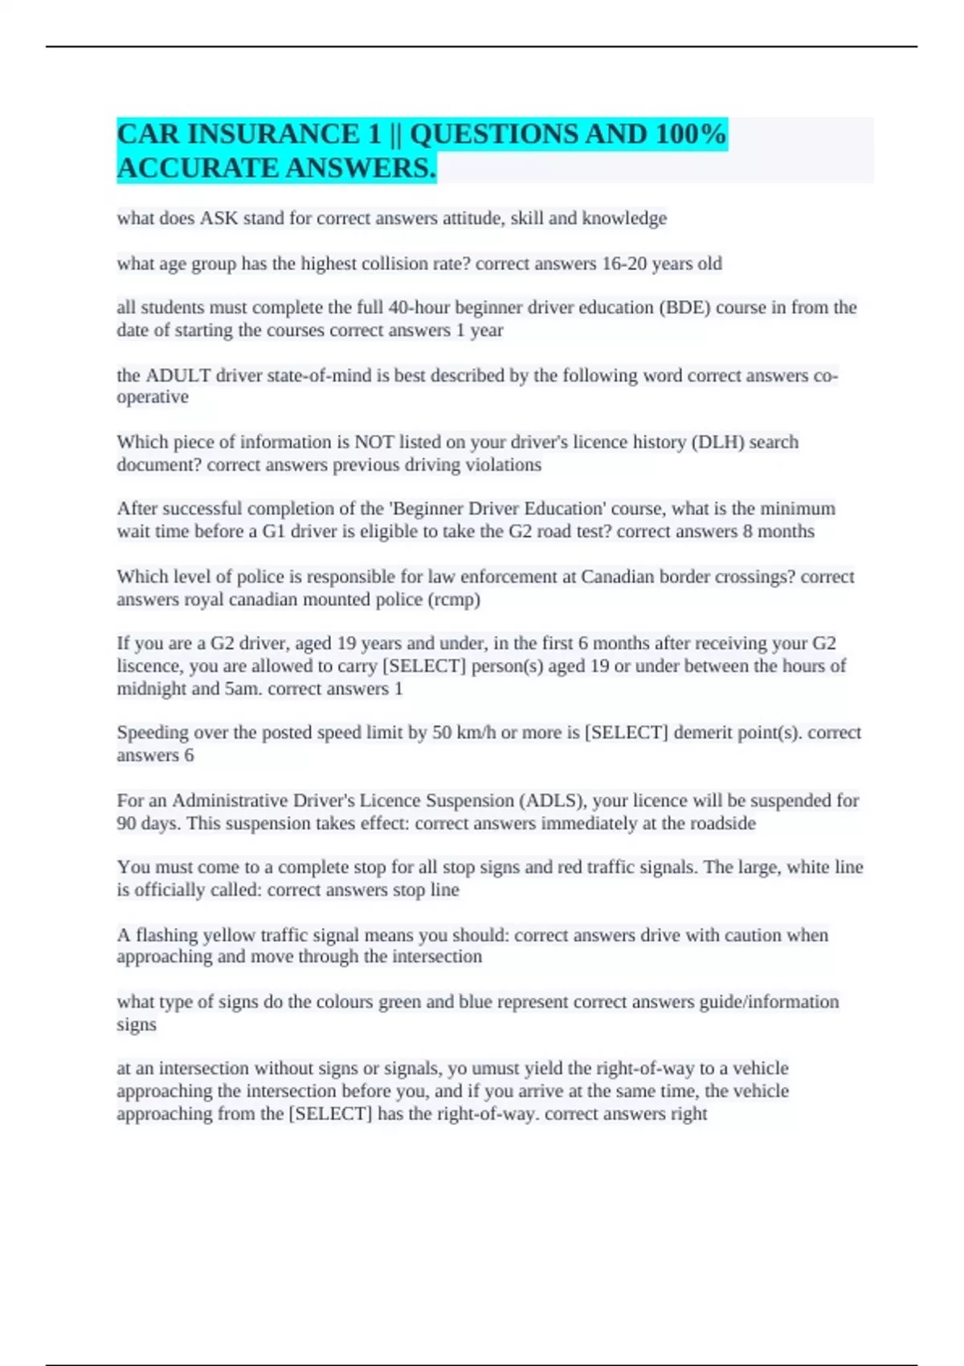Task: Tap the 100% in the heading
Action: (690, 134)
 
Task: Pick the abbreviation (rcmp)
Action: (454, 599)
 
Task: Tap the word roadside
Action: (722, 824)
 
